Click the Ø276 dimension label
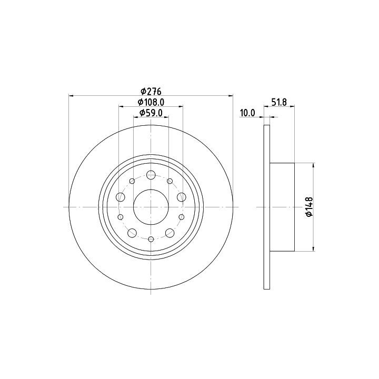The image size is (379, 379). point(151,92)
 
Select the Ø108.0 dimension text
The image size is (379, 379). point(151,102)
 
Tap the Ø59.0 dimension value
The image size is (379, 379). point(151,113)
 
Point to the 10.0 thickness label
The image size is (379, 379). point(247,113)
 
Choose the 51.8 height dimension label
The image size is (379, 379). point(279,102)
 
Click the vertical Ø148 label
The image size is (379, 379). point(309,207)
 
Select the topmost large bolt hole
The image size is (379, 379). point(151,175)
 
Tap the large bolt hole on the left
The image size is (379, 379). point(121,197)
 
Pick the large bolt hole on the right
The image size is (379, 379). point(182,197)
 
